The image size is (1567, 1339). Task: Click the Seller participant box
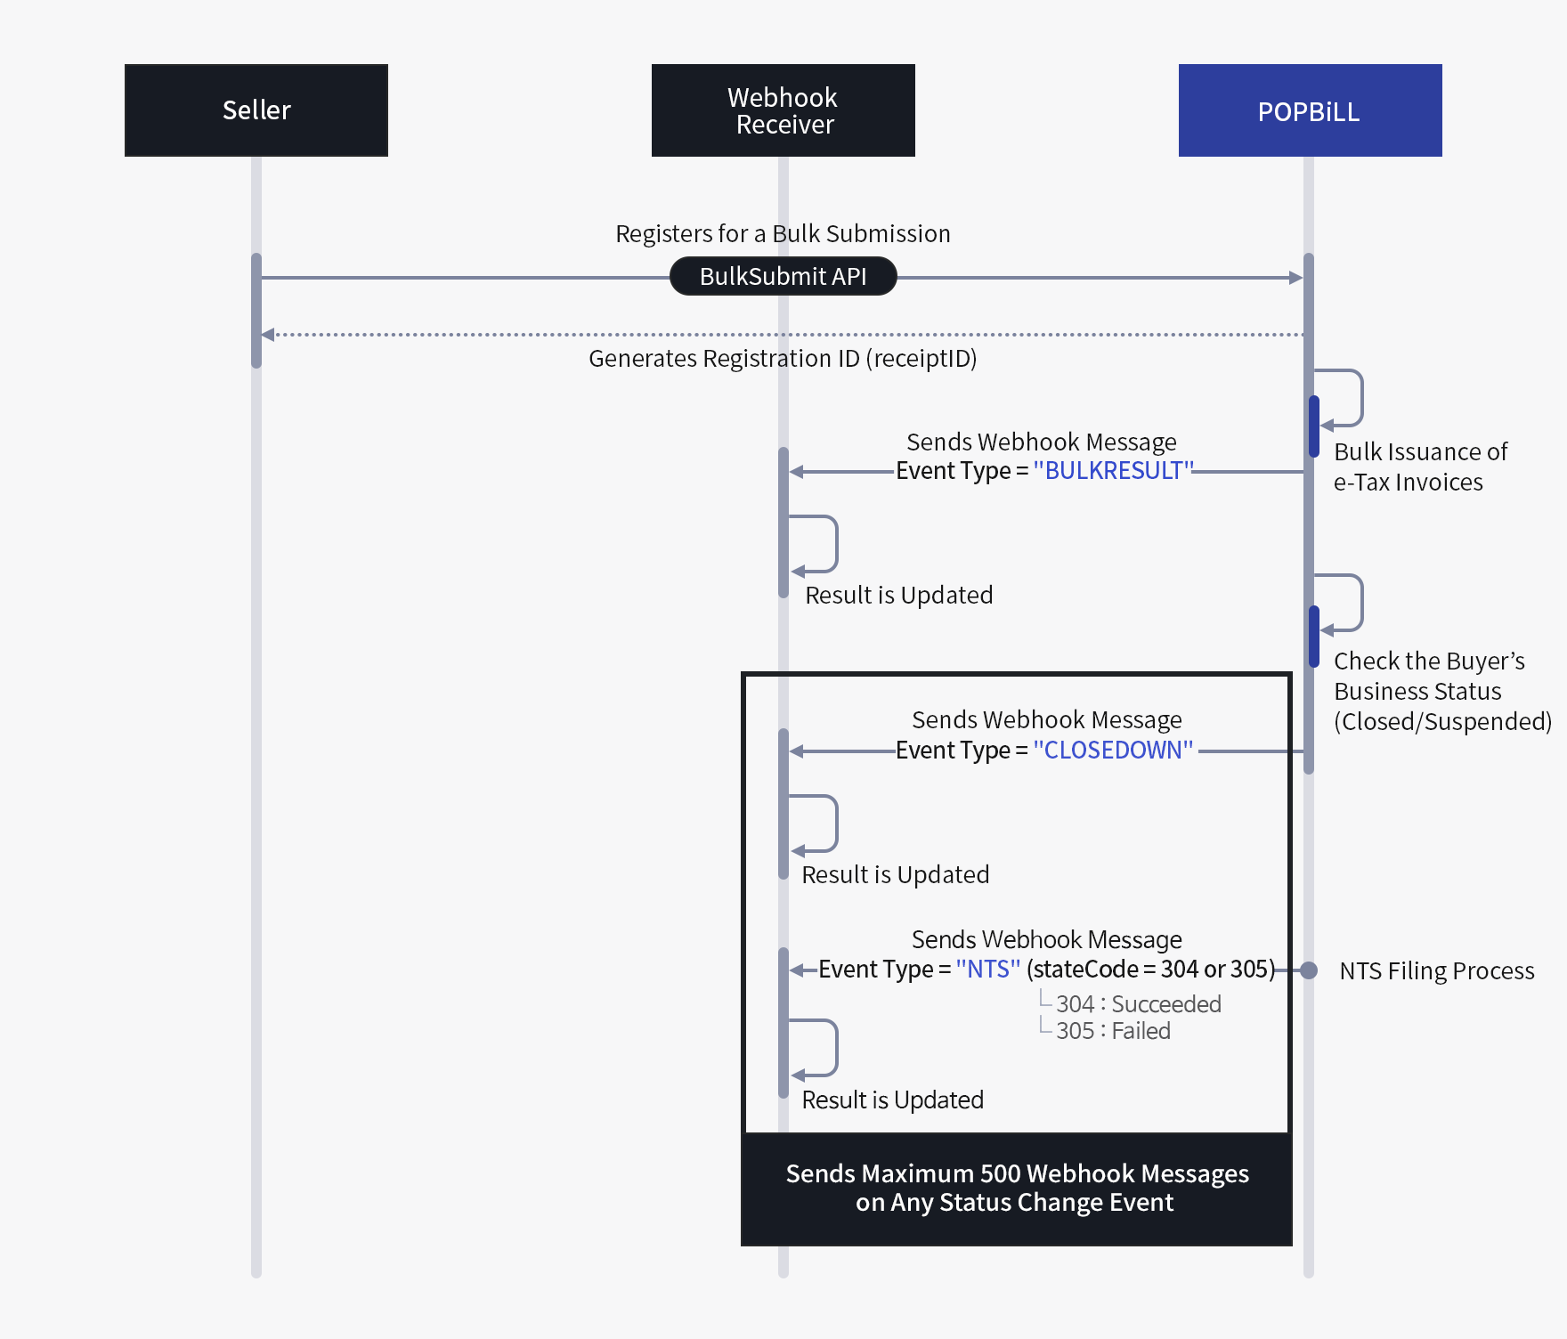(x=256, y=110)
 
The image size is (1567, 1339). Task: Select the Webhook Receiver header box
(x=783, y=110)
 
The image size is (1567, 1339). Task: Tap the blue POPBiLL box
(x=1310, y=110)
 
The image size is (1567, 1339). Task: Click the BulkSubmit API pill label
(x=783, y=276)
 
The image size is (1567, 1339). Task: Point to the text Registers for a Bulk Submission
(x=783, y=233)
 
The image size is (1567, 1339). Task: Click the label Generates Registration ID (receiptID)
(x=783, y=358)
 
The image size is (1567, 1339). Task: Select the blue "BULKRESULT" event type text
(x=1113, y=470)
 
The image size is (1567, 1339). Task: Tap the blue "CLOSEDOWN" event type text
(x=1113, y=750)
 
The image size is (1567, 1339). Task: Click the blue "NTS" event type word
(x=987, y=969)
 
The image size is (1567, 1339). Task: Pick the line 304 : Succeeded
(x=1138, y=1004)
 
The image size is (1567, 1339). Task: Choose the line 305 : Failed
(x=1113, y=1031)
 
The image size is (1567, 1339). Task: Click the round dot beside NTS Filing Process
(x=1309, y=970)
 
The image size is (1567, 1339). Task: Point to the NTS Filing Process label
(x=1436, y=970)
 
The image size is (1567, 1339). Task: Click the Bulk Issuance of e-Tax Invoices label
(x=1420, y=467)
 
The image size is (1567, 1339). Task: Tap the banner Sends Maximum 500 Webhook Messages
(x=1016, y=1188)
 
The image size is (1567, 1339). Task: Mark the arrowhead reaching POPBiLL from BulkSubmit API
(x=1296, y=278)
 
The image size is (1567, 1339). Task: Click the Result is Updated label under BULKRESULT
(x=898, y=595)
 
